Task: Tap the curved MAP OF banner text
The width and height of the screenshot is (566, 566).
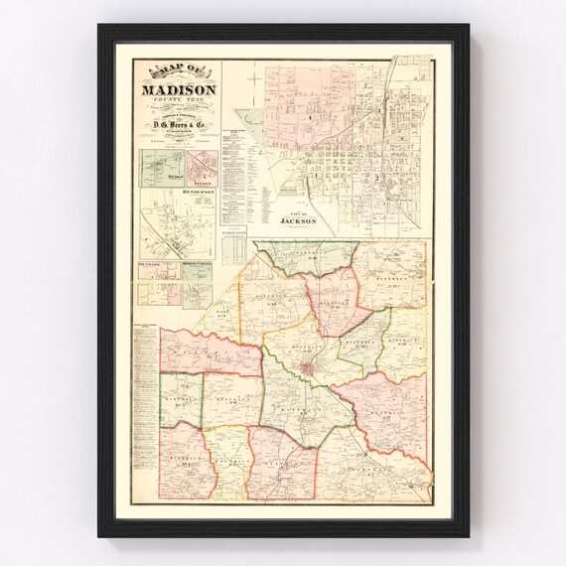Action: coord(177,71)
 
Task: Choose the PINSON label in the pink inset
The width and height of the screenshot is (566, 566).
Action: coord(201,183)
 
